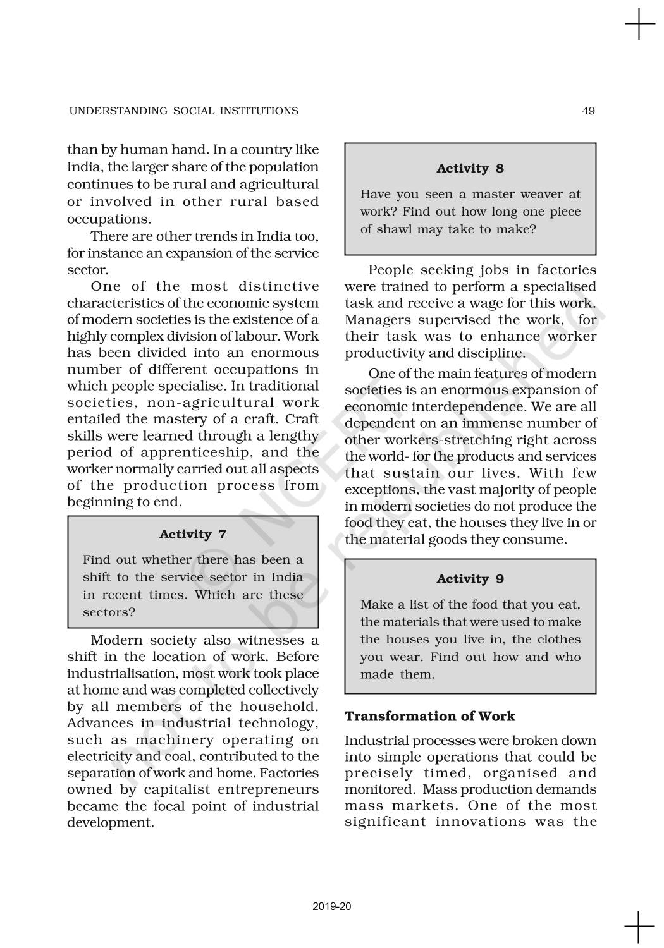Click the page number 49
tap(588, 111)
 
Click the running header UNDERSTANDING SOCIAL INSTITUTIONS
tap(183, 111)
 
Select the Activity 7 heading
tap(193, 535)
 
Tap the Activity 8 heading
tap(470, 169)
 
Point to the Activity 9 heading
tap(470, 580)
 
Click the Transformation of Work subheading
tap(429, 716)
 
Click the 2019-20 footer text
tap(332, 907)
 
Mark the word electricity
tap(98, 757)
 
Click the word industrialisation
tap(123, 674)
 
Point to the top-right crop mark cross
tap(639, 24)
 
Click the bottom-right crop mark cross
tap(639, 927)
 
